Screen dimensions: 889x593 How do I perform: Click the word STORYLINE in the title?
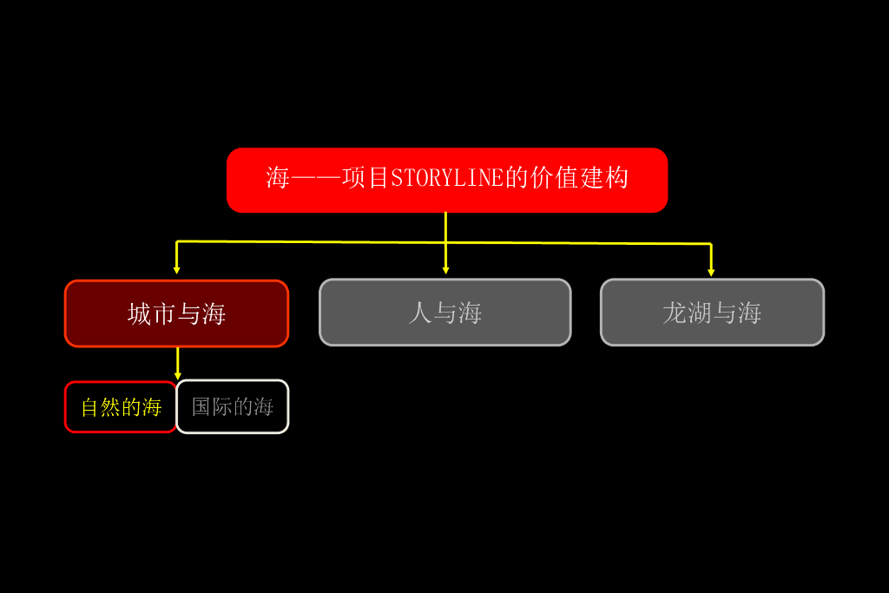[x=447, y=179]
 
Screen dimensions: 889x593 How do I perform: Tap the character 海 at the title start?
[x=278, y=179]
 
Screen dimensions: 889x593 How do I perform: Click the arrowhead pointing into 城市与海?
[x=177, y=271]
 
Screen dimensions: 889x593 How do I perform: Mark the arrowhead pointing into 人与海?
[x=445, y=271]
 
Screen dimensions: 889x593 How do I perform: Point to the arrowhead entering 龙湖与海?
[x=711, y=273]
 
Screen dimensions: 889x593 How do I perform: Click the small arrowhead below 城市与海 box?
[x=178, y=375]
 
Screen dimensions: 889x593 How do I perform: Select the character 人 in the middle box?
[x=420, y=313]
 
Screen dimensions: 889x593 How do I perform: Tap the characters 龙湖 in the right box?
[x=687, y=313]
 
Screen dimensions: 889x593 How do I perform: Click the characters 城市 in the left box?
[x=152, y=314]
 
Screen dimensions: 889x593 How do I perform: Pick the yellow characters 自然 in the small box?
[x=101, y=407]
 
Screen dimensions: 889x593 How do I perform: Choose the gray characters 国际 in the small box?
[x=212, y=406]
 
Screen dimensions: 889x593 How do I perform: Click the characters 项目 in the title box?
[x=366, y=179]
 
